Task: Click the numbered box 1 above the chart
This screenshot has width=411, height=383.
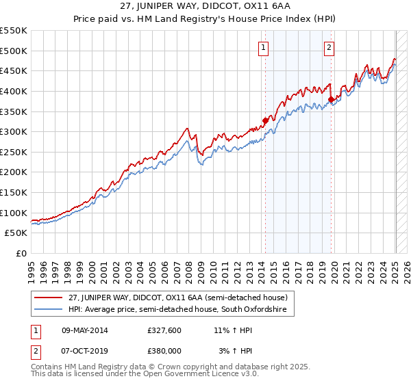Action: point(264,47)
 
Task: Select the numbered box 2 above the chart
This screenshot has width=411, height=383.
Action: point(329,47)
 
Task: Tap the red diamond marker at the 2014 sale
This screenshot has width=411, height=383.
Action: point(264,120)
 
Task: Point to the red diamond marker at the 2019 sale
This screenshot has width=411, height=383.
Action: point(331,99)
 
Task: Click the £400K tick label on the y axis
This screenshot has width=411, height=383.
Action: point(14,91)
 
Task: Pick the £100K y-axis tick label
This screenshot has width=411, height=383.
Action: point(14,213)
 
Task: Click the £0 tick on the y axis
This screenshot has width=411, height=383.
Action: point(21,253)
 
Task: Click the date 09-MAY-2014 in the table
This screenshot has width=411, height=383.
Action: point(84,330)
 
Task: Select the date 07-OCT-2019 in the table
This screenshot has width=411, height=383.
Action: point(84,351)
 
